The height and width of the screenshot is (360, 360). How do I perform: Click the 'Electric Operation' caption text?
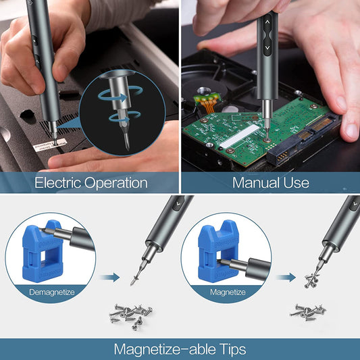coord(91,182)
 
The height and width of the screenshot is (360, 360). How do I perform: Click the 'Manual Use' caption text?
coord(270,182)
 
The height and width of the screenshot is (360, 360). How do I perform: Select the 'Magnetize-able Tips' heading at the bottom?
coord(180,349)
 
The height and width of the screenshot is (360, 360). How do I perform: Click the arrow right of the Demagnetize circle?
coord(109,276)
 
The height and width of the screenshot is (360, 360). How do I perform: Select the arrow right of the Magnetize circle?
coord(286,276)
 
